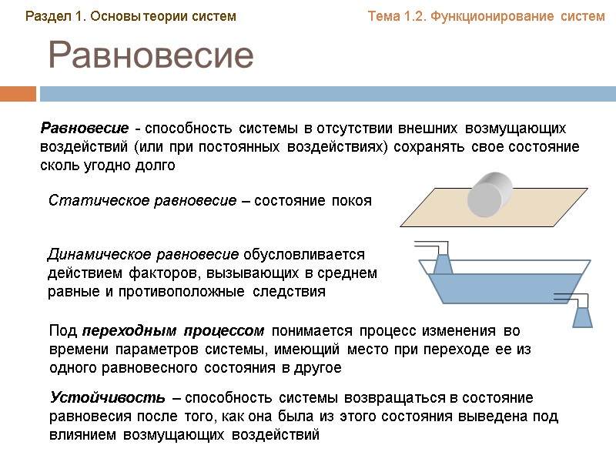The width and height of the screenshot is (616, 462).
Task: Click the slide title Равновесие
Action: [x=151, y=56]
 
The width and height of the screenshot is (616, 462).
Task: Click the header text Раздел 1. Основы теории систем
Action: [x=131, y=16]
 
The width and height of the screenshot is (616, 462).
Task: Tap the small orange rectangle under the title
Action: [x=18, y=94]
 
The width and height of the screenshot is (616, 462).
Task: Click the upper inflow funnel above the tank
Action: [x=442, y=263]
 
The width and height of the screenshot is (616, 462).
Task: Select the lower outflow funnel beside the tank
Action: [x=583, y=315]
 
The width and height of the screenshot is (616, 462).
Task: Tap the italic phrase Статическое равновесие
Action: [x=142, y=201]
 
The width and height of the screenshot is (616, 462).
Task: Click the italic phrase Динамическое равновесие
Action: [x=144, y=254]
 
